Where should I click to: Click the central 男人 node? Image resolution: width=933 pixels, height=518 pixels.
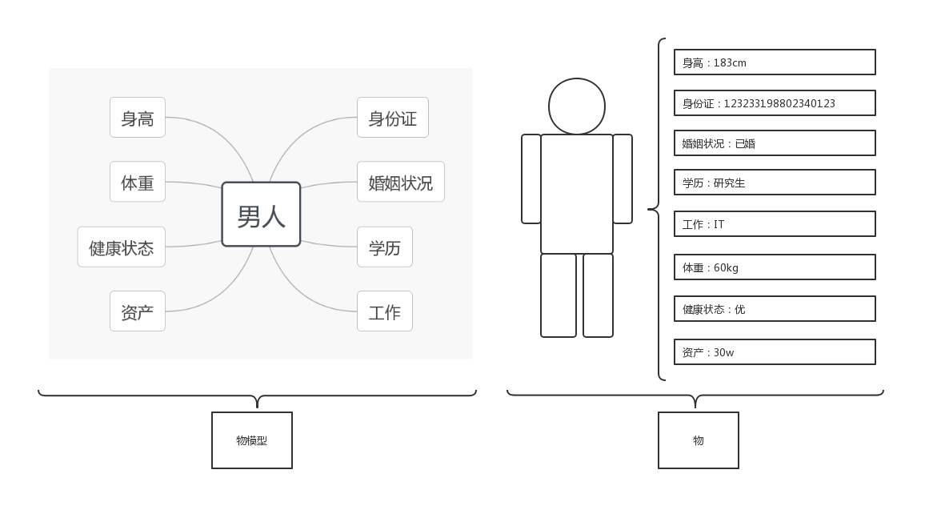pos(261,215)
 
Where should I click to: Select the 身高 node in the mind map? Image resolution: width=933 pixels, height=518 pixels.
pos(138,118)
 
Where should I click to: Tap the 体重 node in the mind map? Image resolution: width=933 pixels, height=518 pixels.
pos(138,182)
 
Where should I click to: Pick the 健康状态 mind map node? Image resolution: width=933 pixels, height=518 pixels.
pos(122,247)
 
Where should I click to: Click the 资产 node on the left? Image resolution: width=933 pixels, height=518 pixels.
pos(138,311)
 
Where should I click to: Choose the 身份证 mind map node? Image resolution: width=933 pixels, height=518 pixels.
pos(392,118)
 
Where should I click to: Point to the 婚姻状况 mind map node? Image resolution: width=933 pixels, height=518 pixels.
pos(400,182)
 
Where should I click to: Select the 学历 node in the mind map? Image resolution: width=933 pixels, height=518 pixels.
pos(384,247)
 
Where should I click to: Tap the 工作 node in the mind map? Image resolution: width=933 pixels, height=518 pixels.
pos(384,311)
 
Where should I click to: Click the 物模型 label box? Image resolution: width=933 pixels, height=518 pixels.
pos(252,440)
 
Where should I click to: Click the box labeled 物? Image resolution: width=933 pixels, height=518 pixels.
pos(698,440)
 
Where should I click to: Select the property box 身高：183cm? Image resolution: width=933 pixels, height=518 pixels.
pos(775,62)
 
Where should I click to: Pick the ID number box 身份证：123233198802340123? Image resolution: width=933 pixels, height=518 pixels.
pos(775,103)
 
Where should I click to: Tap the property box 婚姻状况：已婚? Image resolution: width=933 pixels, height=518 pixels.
pos(775,143)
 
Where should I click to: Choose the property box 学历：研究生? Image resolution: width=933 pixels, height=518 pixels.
pos(775,183)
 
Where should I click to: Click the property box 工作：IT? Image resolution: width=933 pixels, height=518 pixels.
pos(775,224)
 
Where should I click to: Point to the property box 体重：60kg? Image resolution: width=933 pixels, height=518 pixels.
pos(775,267)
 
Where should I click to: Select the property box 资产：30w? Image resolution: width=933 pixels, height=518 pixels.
pos(775,352)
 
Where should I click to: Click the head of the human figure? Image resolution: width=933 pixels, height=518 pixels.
pos(576,106)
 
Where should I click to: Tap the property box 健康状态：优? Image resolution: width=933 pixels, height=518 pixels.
pos(775,309)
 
